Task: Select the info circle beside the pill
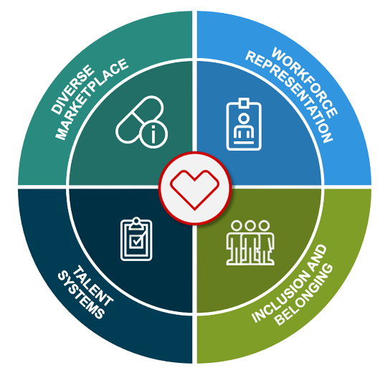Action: [153, 134]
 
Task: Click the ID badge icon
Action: [244, 124]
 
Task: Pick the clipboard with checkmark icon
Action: [136, 239]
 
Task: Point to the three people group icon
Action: [250, 242]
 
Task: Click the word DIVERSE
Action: [72, 90]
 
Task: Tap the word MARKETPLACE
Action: [91, 99]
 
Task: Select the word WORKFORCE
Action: [305, 82]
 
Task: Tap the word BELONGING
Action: [304, 295]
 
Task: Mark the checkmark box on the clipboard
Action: [136, 241]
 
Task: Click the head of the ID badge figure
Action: [244, 118]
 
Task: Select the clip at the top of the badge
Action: [244, 103]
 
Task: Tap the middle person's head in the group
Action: [250, 225]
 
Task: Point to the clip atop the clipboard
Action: [136, 223]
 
